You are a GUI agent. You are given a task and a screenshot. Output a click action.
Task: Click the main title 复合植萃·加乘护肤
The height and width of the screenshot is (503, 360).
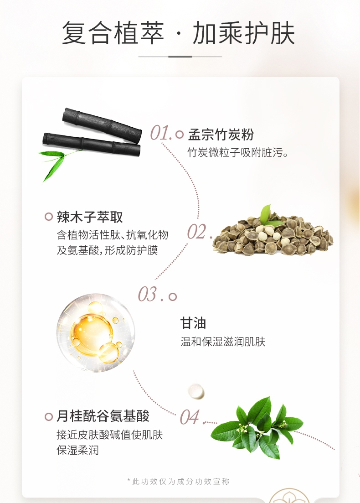(178, 33)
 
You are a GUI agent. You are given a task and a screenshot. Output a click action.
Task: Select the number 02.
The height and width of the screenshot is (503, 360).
(196, 232)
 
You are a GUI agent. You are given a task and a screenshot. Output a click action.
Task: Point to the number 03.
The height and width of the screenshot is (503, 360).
(148, 294)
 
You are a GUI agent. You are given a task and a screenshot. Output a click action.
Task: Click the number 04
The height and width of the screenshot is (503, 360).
(190, 417)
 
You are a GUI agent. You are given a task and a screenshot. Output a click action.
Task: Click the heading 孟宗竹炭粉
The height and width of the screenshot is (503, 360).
(221, 135)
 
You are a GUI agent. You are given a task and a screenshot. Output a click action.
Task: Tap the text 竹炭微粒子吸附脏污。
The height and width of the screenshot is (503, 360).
(238, 152)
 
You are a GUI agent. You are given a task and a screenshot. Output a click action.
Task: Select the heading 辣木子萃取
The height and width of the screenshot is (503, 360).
(90, 217)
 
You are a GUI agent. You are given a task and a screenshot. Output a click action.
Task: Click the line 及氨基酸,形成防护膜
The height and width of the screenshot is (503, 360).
(108, 250)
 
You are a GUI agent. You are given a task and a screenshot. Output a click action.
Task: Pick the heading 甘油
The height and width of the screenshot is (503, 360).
(193, 323)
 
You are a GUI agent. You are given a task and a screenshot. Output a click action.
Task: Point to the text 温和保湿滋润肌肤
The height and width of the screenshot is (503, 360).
(223, 342)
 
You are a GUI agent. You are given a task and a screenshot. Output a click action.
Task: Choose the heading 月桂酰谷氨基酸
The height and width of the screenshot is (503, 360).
(103, 416)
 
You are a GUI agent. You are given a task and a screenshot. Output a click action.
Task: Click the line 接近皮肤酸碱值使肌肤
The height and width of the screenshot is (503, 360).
(110, 435)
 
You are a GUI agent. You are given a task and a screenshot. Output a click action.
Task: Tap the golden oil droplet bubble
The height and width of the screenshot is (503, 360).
(96, 332)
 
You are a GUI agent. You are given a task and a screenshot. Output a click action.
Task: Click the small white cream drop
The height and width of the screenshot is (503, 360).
(196, 391)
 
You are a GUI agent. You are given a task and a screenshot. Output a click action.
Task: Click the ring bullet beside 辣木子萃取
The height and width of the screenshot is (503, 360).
(49, 217)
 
